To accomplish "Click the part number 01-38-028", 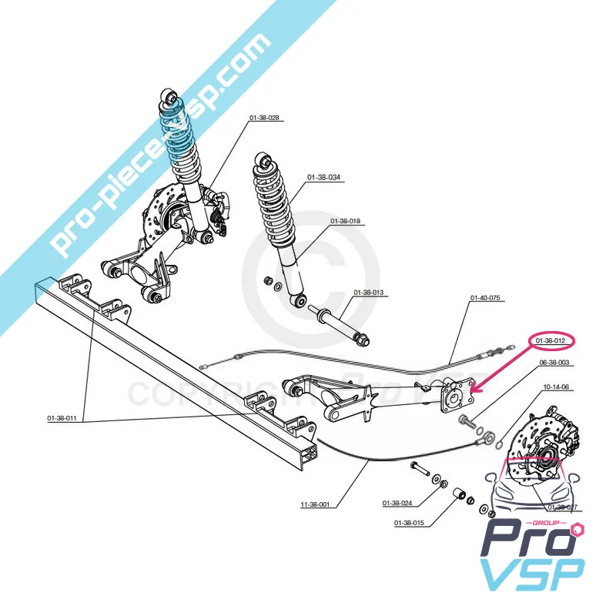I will click(x=263, y=119).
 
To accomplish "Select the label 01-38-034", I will click(x=323, y=178).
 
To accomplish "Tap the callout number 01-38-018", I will click(x=346, y=222).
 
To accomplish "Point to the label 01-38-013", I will click(x=368, y=293).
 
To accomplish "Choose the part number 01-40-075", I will click(x=485, y=298).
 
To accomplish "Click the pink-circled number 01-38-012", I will click(x=551, y=340).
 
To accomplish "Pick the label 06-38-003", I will click(x=554, y=363).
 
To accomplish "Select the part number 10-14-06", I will click(x=556, y=387).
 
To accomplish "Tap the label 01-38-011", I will click(x=62, y=418).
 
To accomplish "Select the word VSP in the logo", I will click(x=532, y=574).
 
